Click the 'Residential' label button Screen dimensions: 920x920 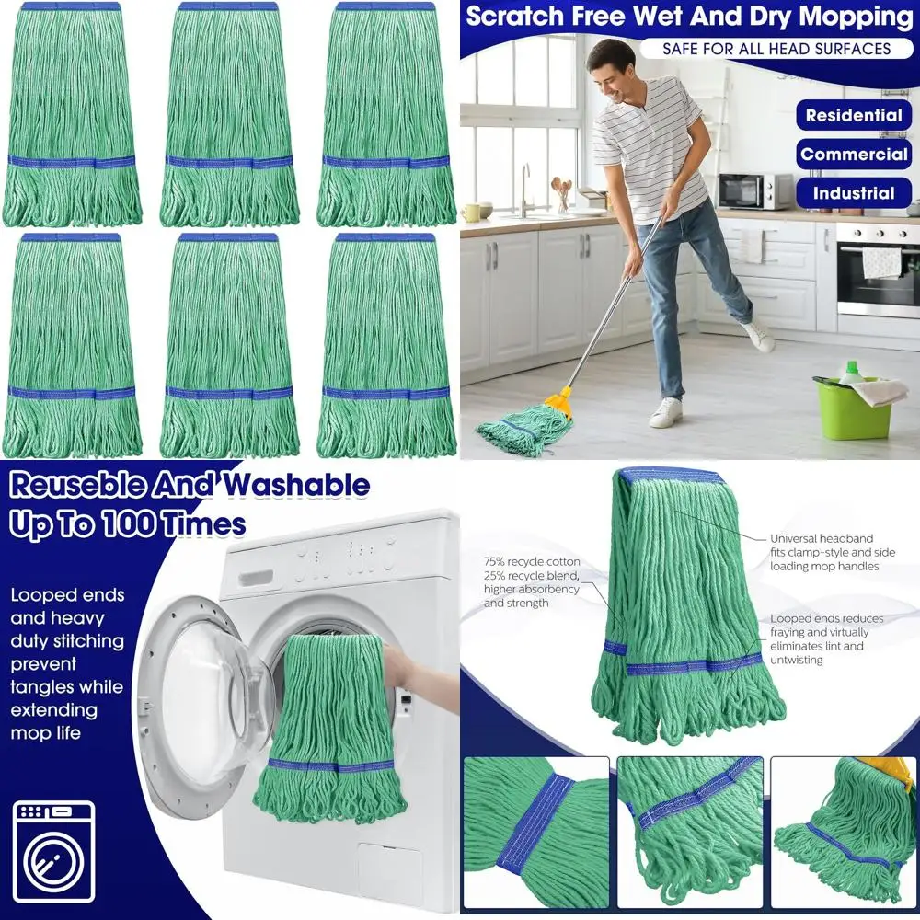point(853,116)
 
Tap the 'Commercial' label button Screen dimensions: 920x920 point(853,155)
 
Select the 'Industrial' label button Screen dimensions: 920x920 point(853,193)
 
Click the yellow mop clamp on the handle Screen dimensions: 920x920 point(558,401)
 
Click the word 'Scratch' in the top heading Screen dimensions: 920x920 point(517,16)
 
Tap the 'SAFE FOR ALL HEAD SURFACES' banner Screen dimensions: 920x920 point(776,48)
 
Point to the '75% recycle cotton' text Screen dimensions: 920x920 point(532,561)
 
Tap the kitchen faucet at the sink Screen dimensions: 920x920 point(525,184)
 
